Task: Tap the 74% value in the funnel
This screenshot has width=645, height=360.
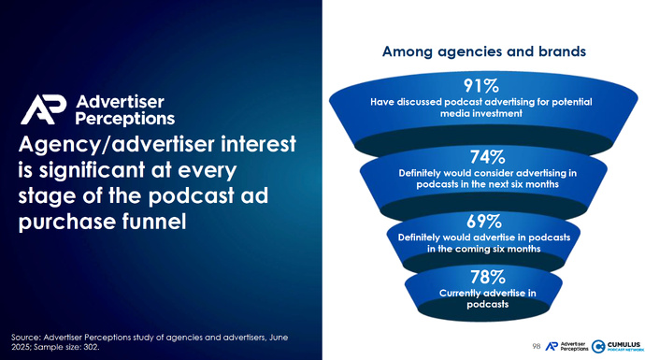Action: point(484,156)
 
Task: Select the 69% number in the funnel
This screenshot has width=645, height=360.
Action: point(484,221)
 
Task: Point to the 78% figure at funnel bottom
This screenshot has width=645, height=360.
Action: point(486,276)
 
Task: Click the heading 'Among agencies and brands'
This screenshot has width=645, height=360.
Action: point(484,52)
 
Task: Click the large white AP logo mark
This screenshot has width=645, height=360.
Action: point(43,109)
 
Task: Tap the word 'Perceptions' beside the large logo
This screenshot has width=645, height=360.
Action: point(124,119)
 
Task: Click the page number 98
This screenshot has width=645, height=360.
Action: point(536,346)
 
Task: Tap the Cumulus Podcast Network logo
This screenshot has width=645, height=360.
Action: point(615,345)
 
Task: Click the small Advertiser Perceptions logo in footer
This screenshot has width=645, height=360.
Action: point(566,346)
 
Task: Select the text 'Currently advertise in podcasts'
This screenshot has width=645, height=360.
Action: point(486,298)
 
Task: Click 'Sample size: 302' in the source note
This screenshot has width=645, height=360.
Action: point(66,347)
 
